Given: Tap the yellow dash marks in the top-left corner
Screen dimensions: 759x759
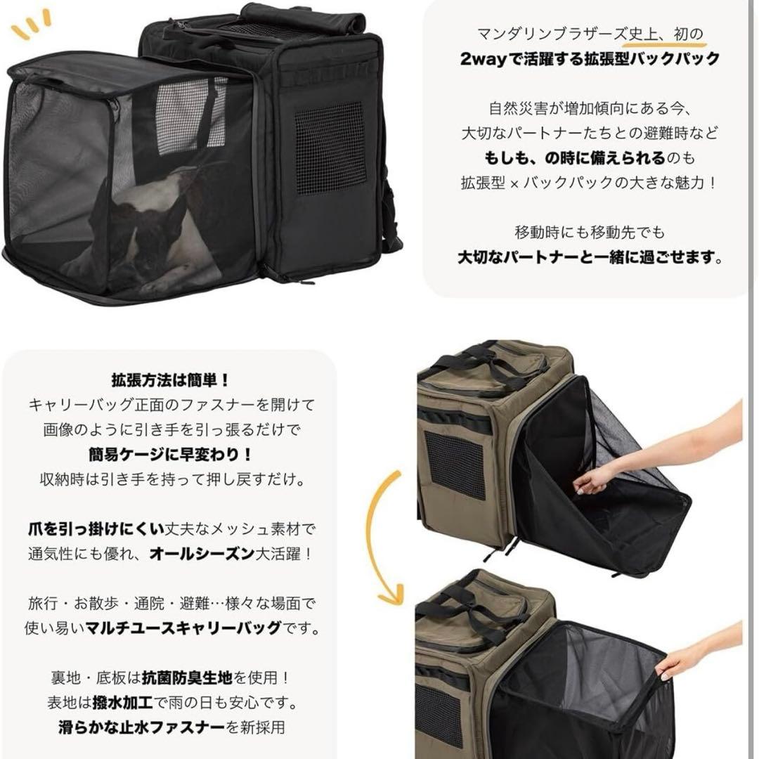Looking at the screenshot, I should [32, 25].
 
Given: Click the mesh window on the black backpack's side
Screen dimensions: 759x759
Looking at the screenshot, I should [330, 148].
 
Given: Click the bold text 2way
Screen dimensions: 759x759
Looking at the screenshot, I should [484, 59].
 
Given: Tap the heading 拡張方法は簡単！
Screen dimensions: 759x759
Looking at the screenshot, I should [170, 380].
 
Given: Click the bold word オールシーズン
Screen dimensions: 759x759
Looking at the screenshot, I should [202, 553].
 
